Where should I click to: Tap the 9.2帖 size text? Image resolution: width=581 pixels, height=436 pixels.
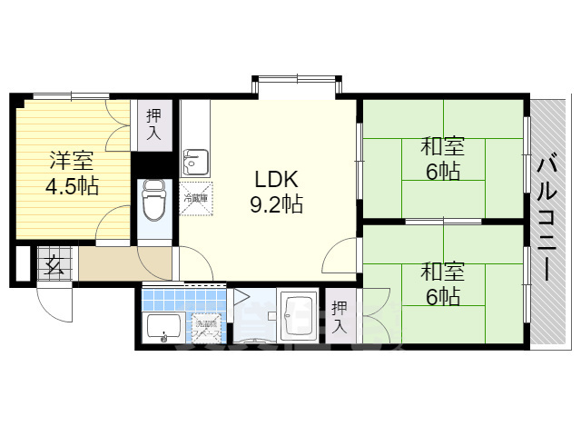pyautogui.click(x=277, y=204)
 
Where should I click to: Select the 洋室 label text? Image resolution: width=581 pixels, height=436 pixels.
pyautogui.click(x=72, y=162)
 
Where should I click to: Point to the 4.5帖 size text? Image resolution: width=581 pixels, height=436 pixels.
pyautogui.click(x=73, y=188)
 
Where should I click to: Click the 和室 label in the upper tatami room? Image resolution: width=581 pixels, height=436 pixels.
pyautogui.click(x=442, y=145)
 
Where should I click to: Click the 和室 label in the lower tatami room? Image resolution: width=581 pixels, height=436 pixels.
pyautogui.click(x=442, y=270)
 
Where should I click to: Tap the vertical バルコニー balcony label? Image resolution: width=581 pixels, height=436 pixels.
pyautogui.click(x=547, y=218)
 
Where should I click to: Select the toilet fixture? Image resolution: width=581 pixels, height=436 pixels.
pyautogui.click(x=154, y=200)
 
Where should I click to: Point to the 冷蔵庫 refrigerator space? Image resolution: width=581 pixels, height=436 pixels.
pyautogui.click(x=196, y=199)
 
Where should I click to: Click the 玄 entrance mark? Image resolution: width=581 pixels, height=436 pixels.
pyautogui.click(x=54, y=266)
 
